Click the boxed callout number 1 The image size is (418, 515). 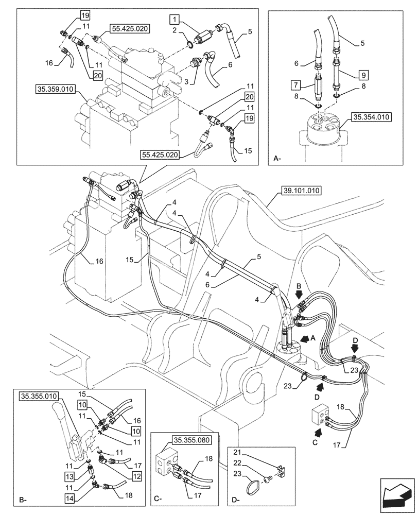[x=176, y=20]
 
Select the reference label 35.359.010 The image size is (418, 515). [x=55, y=89]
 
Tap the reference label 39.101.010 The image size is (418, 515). [x=301, y=191]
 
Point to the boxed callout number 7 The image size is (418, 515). [x=294, y=83]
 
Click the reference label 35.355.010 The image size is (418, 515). [x=40, y=396]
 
